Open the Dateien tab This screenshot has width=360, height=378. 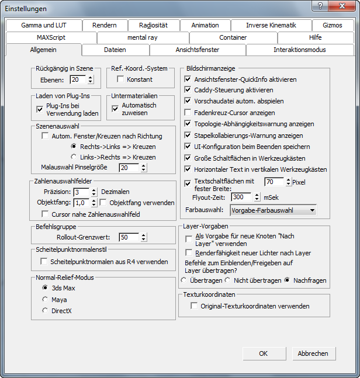point(115,50)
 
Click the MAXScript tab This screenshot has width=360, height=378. point(51,37)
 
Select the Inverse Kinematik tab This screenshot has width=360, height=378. point(271,25)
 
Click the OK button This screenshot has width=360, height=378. point(264,353)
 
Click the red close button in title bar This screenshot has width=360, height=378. point(341,6)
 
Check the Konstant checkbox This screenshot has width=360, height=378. point(121,79)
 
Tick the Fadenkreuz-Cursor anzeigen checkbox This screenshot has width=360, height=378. point(188,112)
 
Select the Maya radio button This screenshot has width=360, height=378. point(45,299)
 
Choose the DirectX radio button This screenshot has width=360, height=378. point(45,311)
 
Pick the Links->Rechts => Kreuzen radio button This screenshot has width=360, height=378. point(74,157)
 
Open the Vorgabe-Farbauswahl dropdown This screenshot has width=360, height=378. point(273,210)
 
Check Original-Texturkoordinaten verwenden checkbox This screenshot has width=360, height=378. point(194,306)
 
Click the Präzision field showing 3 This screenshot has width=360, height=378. point(81,192)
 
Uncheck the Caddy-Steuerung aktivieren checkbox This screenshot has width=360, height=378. point(188,90)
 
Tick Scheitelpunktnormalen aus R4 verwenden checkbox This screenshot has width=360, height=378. point(44,262)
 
